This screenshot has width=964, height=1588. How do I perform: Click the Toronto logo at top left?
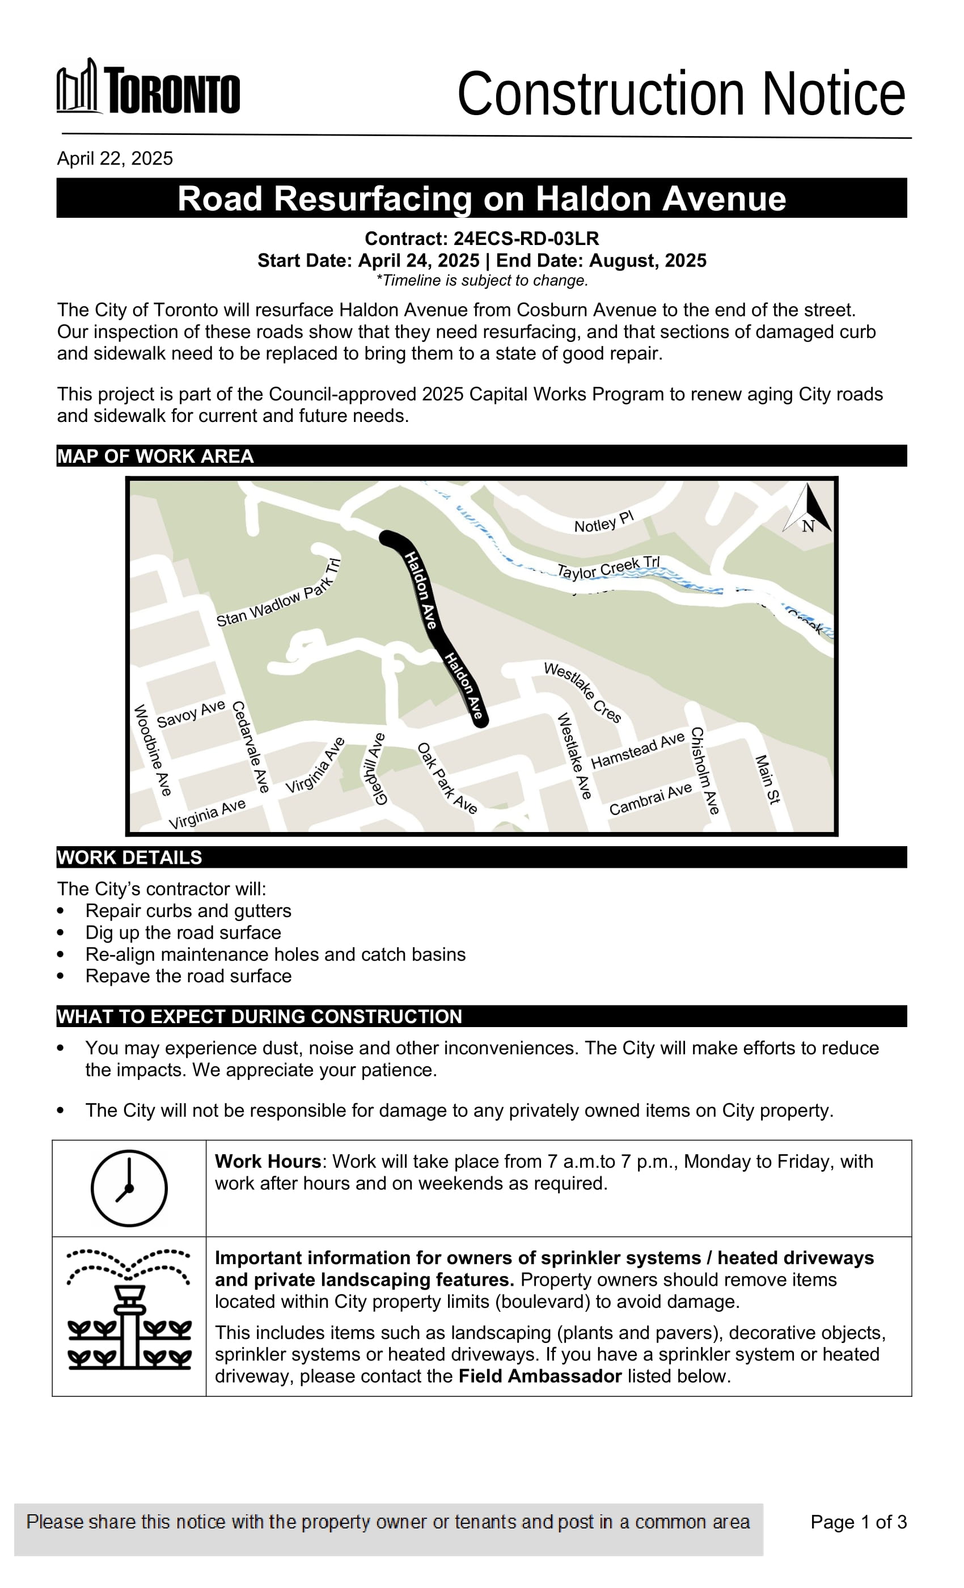(x=148, y=87)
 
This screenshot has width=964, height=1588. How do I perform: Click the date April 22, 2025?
(x=115, y=159)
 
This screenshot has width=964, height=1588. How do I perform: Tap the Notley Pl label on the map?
(x=604, y=521)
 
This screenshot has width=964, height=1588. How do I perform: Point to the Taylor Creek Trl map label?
(x=608, y=567)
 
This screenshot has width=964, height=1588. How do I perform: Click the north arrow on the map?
(x=808, y=509)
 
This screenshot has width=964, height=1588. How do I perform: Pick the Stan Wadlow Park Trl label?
(x=278, y=594)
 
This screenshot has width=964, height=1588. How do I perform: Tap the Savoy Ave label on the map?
(x=191, y=713)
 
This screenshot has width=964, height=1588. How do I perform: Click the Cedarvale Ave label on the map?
(x=250, y=746)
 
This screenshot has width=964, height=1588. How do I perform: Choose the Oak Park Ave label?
(x=447, y=779)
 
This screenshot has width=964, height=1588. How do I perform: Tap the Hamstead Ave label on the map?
(x=637, y=750)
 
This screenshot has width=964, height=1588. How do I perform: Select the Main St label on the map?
(x=767, y=779)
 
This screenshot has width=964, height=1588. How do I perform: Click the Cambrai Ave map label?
(x=650, y=799)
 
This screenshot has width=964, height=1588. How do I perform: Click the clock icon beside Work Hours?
(x=129, y=1188)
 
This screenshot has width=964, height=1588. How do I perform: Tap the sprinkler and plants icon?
(x=129, y=1309)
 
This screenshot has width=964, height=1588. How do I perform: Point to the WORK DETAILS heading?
(x=129, y=857)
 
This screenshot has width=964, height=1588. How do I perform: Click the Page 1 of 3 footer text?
(x=859, y=1522)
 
